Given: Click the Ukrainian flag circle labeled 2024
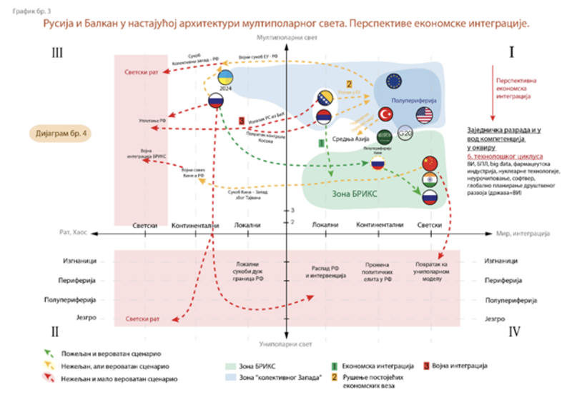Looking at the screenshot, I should (226, 78).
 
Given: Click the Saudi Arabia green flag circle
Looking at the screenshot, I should (384, 135).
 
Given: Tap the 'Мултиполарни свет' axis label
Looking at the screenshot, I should (285, 36).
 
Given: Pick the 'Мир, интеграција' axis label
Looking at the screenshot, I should (523, 233).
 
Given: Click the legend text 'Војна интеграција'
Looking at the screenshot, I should (459, 366).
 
